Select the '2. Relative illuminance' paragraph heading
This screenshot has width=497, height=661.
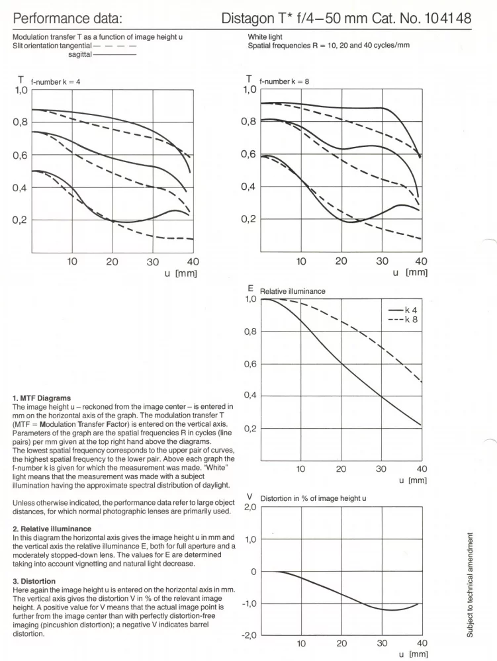click(52, 529)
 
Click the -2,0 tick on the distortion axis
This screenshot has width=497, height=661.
click(248, 636)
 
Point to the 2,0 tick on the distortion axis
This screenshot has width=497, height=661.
click(248, 507)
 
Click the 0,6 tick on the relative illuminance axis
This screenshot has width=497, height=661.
click(249, 364)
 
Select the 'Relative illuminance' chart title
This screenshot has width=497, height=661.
click(292, 290)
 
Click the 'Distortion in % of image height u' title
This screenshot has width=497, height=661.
click(313, 498)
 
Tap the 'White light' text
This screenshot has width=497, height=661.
click(265, 38)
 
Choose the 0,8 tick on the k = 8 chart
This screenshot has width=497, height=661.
click(249, 122)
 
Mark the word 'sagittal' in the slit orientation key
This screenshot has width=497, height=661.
click(80, 54)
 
